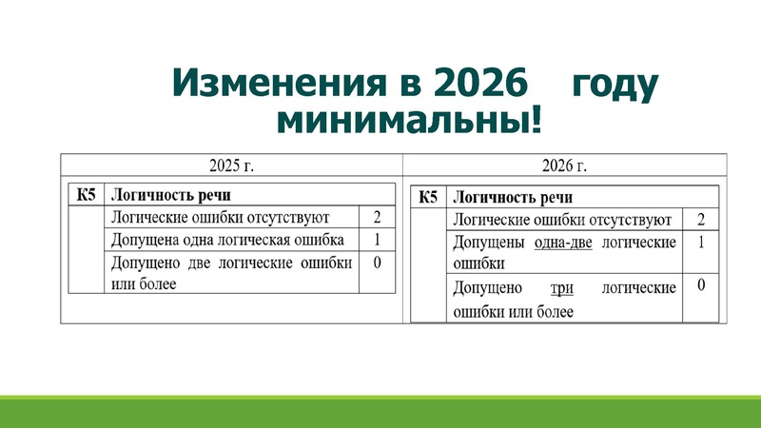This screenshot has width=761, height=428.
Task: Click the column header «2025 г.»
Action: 231,165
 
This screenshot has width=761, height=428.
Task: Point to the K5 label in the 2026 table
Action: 428,198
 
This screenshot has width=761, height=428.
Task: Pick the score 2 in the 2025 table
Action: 378,218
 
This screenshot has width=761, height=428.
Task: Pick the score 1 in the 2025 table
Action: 378,240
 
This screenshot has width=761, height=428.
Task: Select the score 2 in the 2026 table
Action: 701,221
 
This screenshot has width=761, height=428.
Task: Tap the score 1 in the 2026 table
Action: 701,243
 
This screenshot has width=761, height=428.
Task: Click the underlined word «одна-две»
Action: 564,243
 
